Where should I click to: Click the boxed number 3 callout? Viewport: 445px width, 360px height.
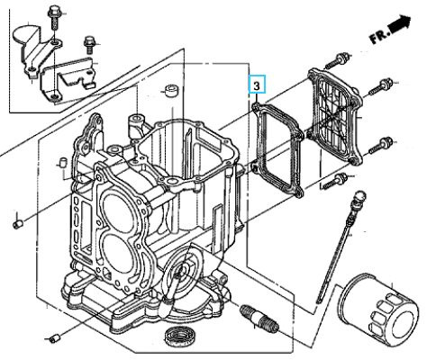257,84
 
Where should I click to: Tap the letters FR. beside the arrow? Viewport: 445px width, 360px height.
379,36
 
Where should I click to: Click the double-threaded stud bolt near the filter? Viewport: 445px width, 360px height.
259,318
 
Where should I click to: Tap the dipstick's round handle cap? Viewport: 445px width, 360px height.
359,197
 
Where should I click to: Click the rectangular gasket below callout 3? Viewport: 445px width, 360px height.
277,149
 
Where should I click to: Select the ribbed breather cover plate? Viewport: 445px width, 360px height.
335,116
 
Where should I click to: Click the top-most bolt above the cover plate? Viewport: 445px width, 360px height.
337,60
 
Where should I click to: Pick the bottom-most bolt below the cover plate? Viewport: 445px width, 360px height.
335,181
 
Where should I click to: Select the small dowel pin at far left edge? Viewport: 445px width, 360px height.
17,224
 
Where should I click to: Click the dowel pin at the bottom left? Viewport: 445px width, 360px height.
54,337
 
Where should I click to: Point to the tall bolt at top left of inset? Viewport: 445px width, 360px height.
53,18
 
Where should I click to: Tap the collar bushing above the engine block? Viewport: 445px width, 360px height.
171,91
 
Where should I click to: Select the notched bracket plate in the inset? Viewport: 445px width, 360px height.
69,78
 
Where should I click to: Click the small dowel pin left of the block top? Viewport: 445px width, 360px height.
64,162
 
